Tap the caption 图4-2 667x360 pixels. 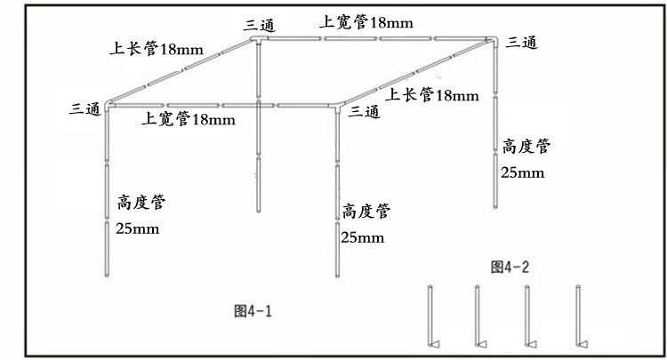[x=510, y=265]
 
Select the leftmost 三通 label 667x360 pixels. [x=85, y=108]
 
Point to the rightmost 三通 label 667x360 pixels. [x=520, y=42]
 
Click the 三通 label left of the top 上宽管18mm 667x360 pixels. [x=260, y=26]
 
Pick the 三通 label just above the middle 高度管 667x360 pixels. [x=365, y=111]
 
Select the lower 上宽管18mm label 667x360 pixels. [x=189, y=119]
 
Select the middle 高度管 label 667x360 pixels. [x=366, y=212]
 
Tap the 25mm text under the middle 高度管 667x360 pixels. [x=363, y=237]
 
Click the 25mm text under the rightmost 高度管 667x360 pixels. [x=523, y=172]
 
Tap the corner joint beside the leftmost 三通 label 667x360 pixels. [x=108, y=106]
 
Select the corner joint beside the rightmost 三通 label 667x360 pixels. [x=493, y=40]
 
